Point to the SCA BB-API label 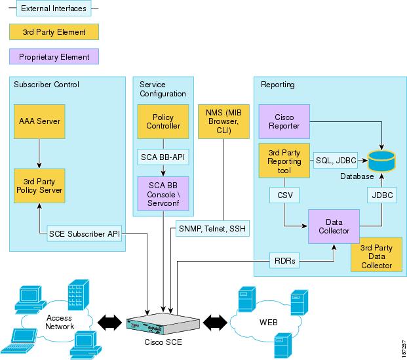tap(162, 157)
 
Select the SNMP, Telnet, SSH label tap(212, 228)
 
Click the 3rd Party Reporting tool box tap(284, 161)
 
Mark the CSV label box tap(284, 194)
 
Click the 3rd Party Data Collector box tap(376, 256)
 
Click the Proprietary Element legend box tap(54, 56)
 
